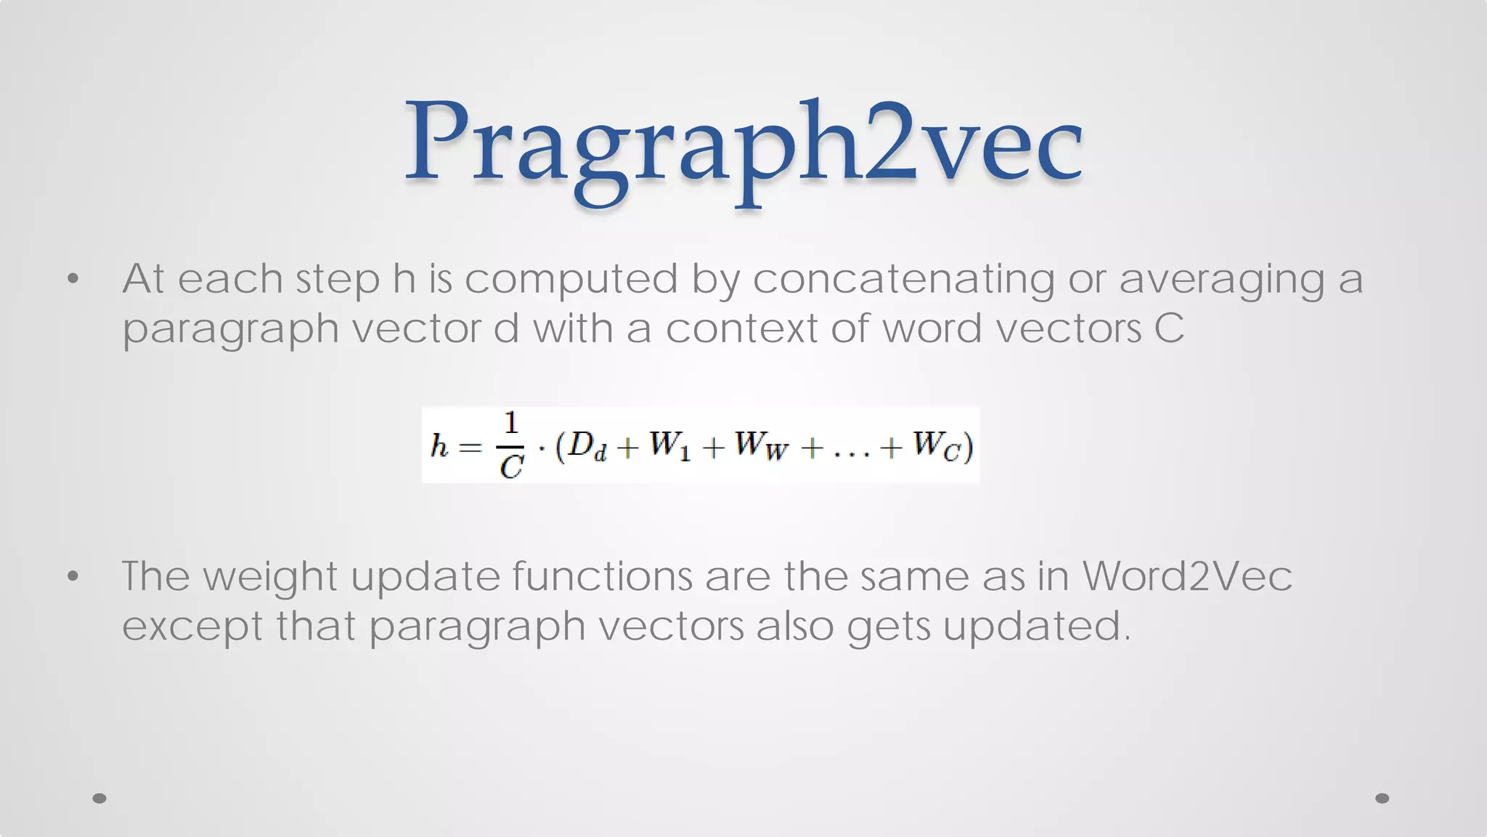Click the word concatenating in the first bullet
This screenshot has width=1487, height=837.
[903, 279]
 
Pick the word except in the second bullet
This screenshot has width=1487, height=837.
[192, 627]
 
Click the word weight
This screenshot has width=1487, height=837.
[269, 578]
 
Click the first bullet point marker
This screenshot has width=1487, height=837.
[73, 279]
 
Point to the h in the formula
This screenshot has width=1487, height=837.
[439, 445]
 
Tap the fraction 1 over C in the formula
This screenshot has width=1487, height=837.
[511, 445]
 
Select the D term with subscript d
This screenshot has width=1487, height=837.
[585, 445]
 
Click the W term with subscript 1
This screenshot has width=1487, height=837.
[669, 445]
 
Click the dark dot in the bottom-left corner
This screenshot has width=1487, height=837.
[99, 798]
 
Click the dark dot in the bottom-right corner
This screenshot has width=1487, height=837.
[1382, 798]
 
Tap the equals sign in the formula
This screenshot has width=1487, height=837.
[470, 447]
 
